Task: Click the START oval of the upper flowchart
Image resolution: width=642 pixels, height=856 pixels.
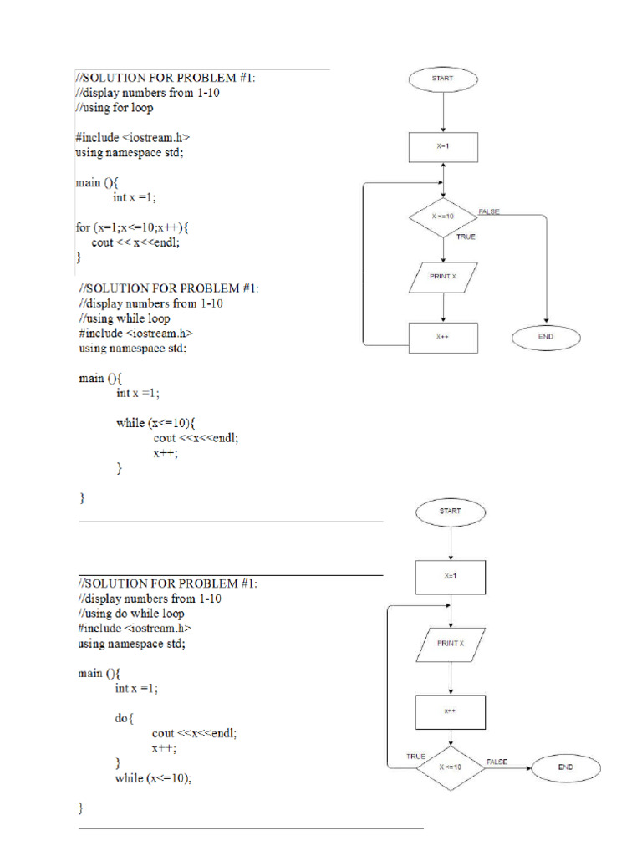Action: point(443,79)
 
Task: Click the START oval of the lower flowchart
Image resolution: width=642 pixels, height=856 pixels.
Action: point(451,512)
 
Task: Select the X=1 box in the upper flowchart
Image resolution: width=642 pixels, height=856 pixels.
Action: point(443,147)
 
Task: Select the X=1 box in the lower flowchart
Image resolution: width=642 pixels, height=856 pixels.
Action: point(451,578)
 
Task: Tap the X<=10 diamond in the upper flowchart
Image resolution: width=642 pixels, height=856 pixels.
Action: point(443,217)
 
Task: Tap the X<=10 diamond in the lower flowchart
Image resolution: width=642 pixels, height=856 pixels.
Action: point(451,768)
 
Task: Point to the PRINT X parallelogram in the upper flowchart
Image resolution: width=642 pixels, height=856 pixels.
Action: point(443,278)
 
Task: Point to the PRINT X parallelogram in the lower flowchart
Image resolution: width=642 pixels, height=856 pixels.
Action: point(451,645)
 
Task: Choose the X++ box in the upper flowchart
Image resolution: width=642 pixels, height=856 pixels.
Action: point(443,338)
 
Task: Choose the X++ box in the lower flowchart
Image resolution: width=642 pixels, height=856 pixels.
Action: point(451,712)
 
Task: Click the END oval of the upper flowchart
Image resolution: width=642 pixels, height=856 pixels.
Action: point(546,338)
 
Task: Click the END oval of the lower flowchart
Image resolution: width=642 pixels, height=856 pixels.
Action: point(566,768)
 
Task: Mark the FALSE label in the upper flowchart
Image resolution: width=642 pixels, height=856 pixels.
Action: point(489,211)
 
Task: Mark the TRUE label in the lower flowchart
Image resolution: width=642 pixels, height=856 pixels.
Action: point(415,757)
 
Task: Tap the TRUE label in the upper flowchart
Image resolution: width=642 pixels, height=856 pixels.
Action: point(466,237)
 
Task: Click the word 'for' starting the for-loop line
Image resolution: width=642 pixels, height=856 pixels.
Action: point(83,227)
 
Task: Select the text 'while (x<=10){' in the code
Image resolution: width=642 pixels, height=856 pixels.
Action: point(155,423)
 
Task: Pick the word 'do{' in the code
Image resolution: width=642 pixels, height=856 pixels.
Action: point(124,718)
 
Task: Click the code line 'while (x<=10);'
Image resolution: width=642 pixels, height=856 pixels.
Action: point(154,778)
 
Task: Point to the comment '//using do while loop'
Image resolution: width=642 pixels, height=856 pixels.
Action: point(131,614)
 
